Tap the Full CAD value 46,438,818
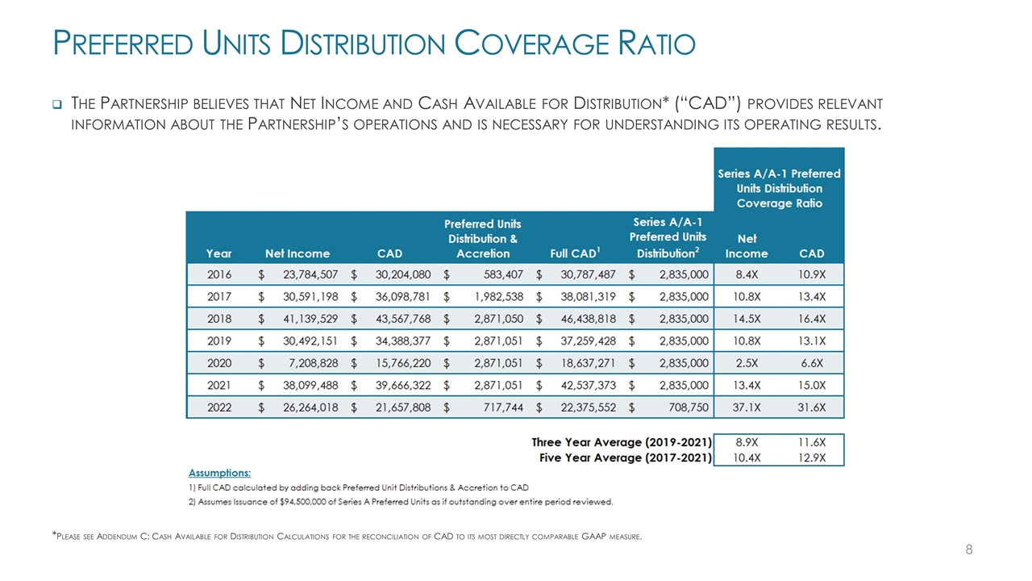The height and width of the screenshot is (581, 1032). [583, 318]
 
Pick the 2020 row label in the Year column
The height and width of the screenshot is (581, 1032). [218, 362]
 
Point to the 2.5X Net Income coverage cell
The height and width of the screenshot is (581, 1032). [746, 362]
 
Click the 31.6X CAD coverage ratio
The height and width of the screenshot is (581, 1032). [811, 408]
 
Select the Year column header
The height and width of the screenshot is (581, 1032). [218, 253]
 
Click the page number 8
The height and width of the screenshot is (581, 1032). [969, 550]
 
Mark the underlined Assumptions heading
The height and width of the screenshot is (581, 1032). [219, 472]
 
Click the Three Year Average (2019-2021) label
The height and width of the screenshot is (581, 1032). [622, 442]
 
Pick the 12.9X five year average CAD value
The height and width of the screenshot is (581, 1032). [811, 458]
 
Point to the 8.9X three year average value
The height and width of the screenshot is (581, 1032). [746, 442]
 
